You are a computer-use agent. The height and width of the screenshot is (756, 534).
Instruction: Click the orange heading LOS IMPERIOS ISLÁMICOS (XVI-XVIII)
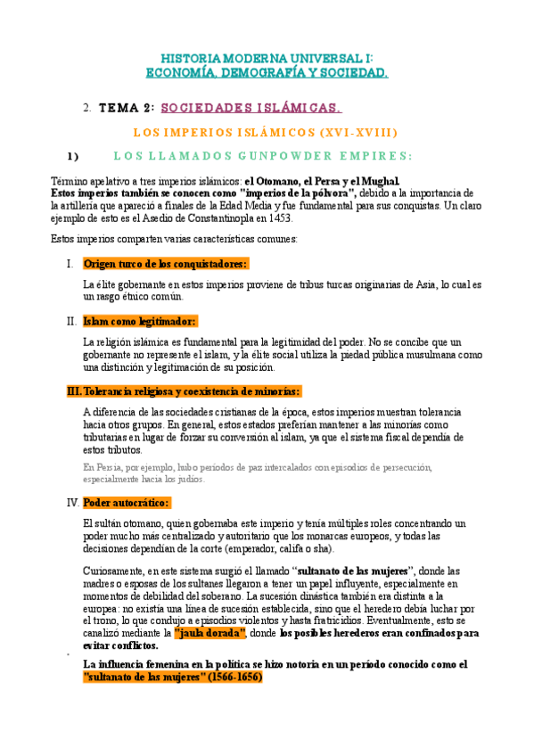tap(265, 132)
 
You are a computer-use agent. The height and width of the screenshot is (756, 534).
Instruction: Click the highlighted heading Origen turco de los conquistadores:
tap(165, 264)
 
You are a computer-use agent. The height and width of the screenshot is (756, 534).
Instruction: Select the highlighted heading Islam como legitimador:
tap(139, 321)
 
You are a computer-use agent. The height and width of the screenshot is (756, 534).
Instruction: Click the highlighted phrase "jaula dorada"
tap(210, 632)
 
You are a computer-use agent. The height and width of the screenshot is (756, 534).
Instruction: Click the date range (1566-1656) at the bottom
tap(226, 677)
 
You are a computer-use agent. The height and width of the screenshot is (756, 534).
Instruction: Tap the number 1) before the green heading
tap(70, 155)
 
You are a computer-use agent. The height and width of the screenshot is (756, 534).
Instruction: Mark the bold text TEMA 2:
tap(126, 109)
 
